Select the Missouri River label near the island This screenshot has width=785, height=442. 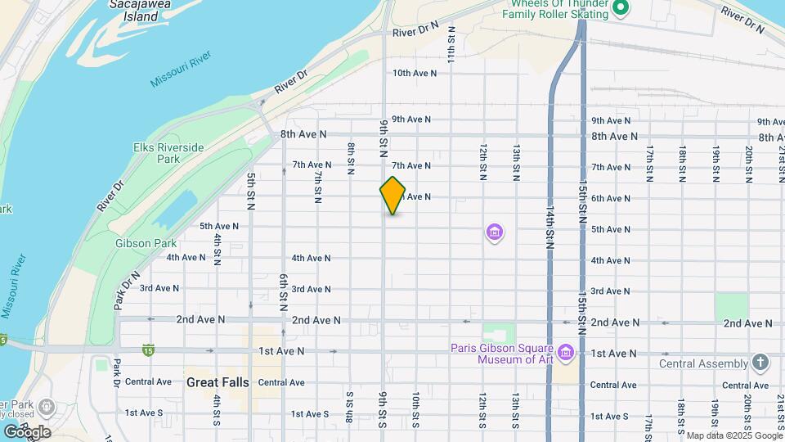[181, 69]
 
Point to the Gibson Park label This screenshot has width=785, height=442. [146, 243]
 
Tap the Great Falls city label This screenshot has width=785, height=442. [218, 382]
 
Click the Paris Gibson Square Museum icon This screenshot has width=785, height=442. [567, 353]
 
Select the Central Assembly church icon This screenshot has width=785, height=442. [760, 363]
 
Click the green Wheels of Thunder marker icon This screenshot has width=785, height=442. [621, 8]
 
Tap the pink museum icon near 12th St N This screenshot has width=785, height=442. [493, 233]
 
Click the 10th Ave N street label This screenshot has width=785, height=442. [414, 73]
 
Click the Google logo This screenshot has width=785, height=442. [26, 431]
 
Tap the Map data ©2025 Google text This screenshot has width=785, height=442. [733, 435]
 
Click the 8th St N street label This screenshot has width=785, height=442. [350, 160]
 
